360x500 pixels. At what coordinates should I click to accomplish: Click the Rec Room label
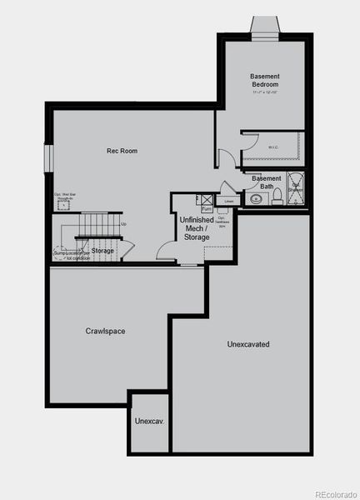click(x=122, y=151)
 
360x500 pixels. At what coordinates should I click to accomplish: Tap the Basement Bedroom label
click(x=264, y=80)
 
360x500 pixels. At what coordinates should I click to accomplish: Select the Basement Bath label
click(x=267, y=182)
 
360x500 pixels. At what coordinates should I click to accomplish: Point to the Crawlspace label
click(x=106, y=331)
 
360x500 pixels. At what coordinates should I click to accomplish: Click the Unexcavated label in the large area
click(x=248, y=343)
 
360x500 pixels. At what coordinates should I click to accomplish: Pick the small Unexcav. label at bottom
click(x=149, y=422)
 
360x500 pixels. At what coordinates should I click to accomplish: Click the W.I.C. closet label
click(x=272, y=147)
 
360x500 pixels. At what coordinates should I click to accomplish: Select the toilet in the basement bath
click(x=277, y=196)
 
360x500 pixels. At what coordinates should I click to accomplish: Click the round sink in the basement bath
click(x=253, y=199)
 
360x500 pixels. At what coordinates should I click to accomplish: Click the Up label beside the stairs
click(x=123, y=223)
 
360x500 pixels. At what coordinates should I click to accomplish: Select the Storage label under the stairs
click(x=102, y=250)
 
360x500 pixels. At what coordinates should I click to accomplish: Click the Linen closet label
click(x=227, y=201)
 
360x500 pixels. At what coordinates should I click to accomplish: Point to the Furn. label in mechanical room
click(x=206, y=209)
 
